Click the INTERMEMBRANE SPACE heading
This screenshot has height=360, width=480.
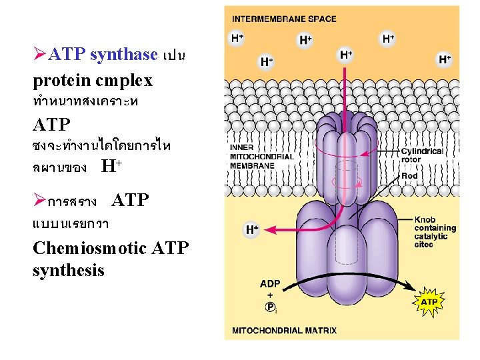pos(284,19)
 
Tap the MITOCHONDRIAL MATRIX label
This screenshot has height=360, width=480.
pos(284,330)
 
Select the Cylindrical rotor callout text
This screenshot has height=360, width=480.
pos(422,155)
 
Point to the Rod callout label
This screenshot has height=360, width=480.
pos(409,176)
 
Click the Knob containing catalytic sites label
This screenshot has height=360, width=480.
pos(434,232)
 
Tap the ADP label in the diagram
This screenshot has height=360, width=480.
pos(270,284)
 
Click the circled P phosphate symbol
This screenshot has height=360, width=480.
pos(270,307)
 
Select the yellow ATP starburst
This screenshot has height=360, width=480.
pos(429,302)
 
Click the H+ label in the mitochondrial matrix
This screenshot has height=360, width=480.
pos(252,230)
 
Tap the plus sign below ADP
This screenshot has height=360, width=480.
pos(270,295)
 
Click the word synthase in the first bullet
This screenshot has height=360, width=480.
pos(123,55)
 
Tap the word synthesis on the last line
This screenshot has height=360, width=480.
pos(68,270)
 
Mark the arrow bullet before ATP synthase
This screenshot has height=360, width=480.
pos(40,55)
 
